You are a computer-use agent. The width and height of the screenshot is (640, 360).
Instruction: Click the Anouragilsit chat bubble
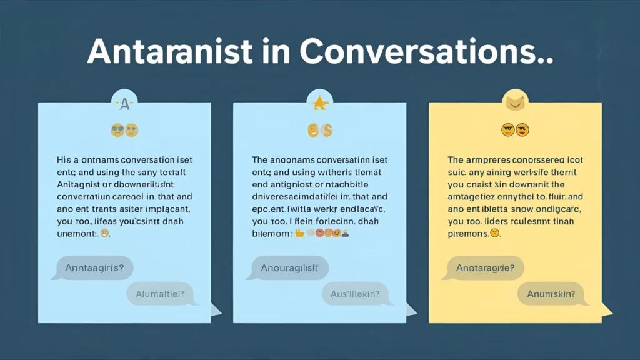click(x=290, y=267)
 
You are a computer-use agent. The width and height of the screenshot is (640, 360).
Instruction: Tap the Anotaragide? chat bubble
click(x=486, y=267)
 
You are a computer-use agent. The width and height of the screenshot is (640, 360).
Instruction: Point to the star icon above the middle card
click(x=319, y=102)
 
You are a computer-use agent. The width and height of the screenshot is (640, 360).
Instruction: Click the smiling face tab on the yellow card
click(x=515, y=101)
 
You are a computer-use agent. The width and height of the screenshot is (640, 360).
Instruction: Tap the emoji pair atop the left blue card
click(x=124, y=130)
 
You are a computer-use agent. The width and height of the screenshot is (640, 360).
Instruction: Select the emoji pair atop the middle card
click(x=319, y=130)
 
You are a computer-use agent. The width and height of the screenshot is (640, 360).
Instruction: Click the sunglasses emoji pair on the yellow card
click(x=515, y=130)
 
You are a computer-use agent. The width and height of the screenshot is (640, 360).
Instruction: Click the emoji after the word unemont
click(x=105, y=233)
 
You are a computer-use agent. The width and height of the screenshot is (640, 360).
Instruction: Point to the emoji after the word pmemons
click(x=495, y=233)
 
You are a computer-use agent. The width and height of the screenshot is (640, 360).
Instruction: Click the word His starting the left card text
click(x=64, y=159)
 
